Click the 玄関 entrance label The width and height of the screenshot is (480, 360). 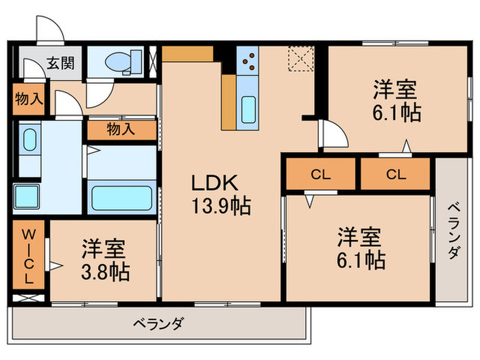[60, 62]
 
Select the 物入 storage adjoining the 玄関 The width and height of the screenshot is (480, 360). [29, 99]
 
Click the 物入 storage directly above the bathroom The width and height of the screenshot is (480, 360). [121, 129]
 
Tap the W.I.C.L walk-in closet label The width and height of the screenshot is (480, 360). [28, 254]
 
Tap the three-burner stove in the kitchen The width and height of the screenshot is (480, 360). [247, 62]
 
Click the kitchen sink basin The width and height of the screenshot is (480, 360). [248, 109]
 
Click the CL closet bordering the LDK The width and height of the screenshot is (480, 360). [320, 175]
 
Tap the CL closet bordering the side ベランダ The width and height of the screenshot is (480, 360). [395, 175]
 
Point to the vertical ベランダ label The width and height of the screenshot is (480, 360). [453, 232]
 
